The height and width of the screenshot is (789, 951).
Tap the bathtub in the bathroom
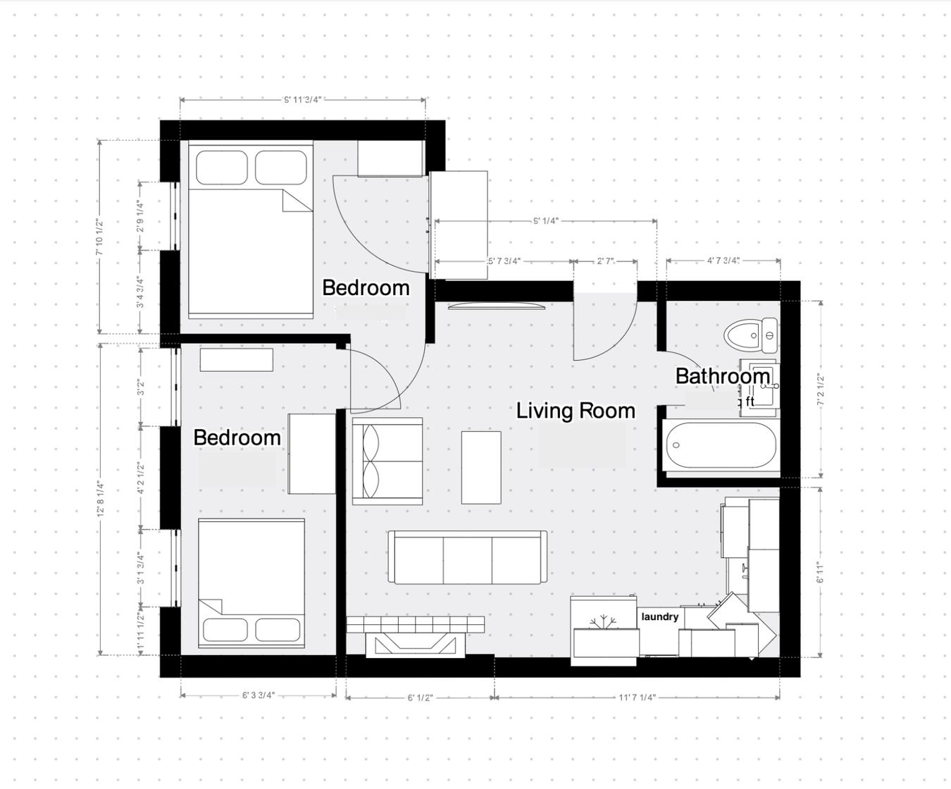point(721,445)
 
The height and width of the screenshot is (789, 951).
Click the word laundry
point(659,617)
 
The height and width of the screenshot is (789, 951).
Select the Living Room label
point(576,411)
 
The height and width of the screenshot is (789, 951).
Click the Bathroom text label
point(722,376)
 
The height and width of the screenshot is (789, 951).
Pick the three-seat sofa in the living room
point(467,557)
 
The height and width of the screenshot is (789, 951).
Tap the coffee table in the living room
point(480,467)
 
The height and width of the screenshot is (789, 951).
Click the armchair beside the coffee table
point(387,461)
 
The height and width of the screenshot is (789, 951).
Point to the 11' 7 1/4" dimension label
point(637,697)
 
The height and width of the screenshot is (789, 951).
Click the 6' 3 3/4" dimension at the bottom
point(258,695)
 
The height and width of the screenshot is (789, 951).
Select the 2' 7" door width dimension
point(605,261)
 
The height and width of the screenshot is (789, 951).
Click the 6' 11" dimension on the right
point(819,572)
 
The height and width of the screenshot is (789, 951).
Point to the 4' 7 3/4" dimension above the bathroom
point(723,261)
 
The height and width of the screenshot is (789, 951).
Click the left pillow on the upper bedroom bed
point(221,168)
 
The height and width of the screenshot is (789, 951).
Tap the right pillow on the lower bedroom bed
point(278,628)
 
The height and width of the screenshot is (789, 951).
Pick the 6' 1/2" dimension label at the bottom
point(420,697)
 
